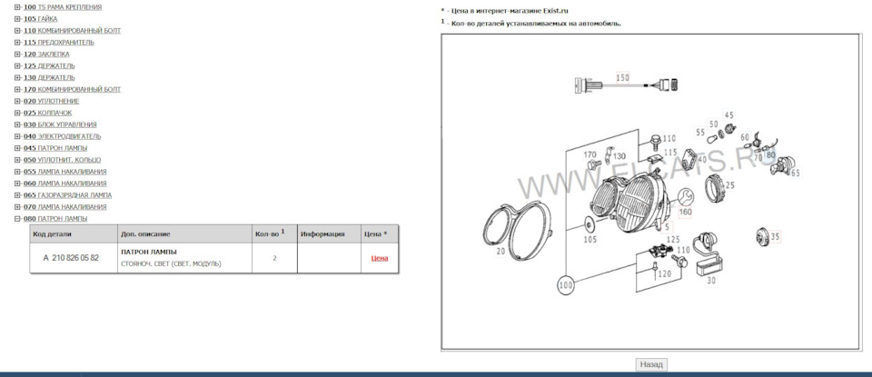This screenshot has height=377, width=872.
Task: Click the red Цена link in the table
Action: (x=379, y=258)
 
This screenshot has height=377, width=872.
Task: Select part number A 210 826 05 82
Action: (x=71, y=258)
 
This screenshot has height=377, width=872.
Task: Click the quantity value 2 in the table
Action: (x=274, y=258)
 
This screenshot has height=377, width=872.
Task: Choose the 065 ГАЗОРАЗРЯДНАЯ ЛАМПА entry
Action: (x=67, y=195)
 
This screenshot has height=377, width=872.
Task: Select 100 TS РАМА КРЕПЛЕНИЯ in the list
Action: (x=63, y=6)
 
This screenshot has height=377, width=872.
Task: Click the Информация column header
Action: (x=322, y=234)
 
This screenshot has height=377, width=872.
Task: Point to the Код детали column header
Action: (x=51, y=234)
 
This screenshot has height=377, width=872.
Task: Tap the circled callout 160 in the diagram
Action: (x=685, y=212)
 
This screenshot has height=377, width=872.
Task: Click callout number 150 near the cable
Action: (x=622, y=78)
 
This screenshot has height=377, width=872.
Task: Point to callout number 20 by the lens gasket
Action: (x=500, y=251)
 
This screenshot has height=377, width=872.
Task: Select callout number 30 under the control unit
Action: (x=709, y=281)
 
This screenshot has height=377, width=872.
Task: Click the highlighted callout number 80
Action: (x=770, y=154)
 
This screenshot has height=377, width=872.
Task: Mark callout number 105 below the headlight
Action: (x=590, y=240)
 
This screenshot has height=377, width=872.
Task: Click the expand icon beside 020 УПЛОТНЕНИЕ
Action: (x=17, y=101)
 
